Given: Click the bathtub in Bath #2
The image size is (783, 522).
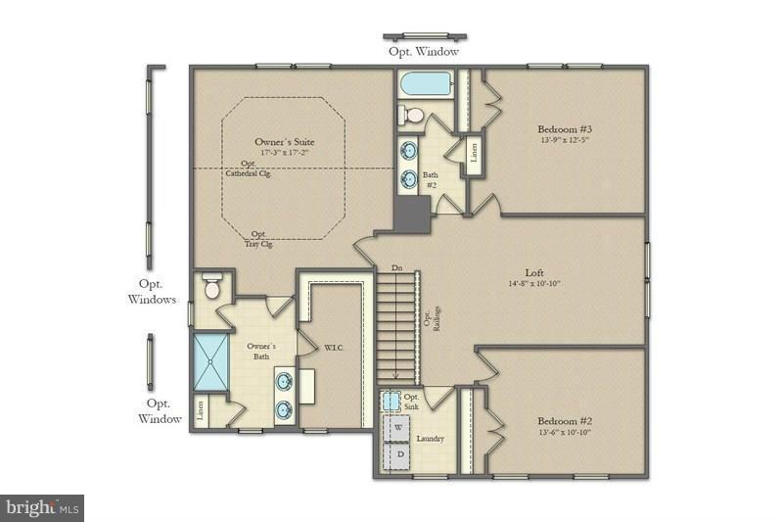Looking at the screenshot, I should [425, 84].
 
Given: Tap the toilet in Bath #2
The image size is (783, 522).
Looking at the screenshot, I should [412, 116].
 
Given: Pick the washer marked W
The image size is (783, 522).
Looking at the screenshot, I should [399, 428].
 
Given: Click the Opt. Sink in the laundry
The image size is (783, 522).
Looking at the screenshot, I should [392, 402].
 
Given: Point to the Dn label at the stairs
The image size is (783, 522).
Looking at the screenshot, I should [396, 266].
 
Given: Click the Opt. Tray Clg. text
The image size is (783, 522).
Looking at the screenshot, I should [259, 238].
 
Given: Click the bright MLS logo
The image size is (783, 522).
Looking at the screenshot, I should [42, 507].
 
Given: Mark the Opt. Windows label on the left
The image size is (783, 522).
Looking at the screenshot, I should [152, 291].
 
